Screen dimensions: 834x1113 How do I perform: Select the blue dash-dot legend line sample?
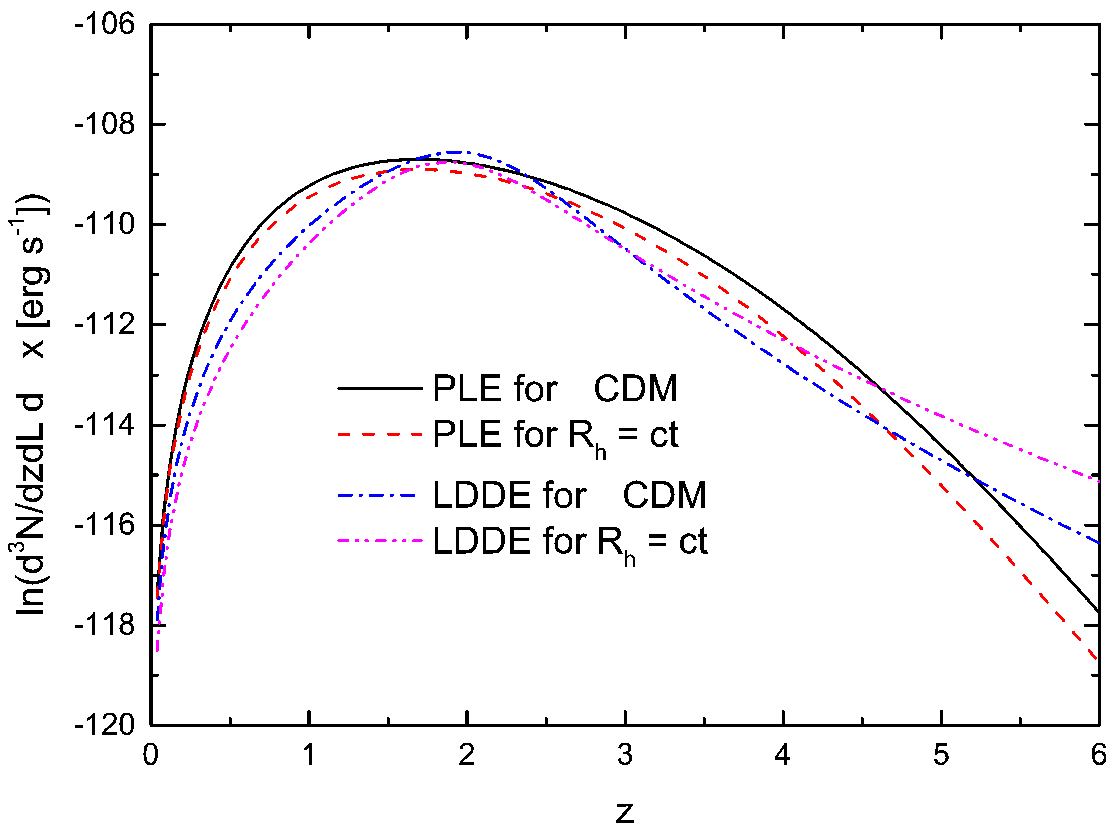pyautogui.click(x=376, y=496)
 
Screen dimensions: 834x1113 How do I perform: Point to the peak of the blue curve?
pyautogui.click(x=455, y=152)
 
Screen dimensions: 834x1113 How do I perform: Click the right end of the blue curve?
pyautogui.click(x=1099, y=543)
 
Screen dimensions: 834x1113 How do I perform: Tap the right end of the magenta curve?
pyautogui.click(x=1099, y=481)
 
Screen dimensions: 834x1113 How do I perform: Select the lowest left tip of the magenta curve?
pyautogui.click(x=157, y=650)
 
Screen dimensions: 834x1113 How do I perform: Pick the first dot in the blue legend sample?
pyautogui.click(x=361, y=496)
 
